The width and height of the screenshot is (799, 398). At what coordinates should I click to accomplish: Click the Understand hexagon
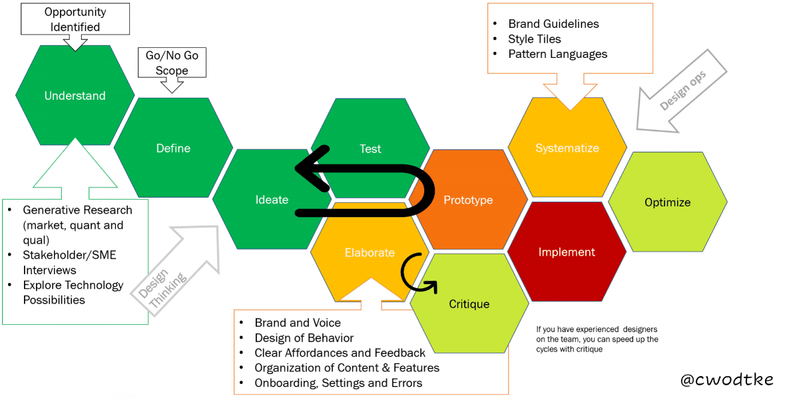point(75,96)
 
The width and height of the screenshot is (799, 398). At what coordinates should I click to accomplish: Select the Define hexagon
point(173,148)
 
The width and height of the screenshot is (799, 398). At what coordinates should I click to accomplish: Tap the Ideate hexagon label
point(272,200)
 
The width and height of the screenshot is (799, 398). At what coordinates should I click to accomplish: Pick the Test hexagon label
point(370,148)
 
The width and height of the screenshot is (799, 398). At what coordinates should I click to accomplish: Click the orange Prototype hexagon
point(468,200)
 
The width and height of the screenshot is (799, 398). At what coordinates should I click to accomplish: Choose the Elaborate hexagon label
point(370,253)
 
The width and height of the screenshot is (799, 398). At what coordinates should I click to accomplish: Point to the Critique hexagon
point(469,304)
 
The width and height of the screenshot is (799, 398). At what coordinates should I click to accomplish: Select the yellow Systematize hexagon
point(567,148)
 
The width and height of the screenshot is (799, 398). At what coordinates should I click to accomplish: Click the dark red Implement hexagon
point(567,252)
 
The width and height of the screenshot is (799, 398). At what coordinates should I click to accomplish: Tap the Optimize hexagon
point(667,202)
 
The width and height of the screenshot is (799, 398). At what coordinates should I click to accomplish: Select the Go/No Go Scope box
point(171,63)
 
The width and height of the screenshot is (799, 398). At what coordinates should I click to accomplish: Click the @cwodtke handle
point(727,379)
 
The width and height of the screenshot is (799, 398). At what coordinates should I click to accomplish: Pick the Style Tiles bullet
point(534,39)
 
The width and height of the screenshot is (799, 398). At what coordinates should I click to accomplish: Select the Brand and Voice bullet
point(297,323)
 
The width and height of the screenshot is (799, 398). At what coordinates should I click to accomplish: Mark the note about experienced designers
point(597,339)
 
